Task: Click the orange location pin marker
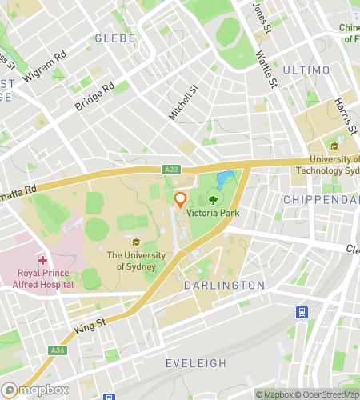click(180, 198)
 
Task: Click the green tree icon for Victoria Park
click(214, 200)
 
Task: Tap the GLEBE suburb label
click(110, 38)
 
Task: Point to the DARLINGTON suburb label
click(224, 285)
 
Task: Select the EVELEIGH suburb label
click(195, 363)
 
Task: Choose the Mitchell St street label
click(182, 103)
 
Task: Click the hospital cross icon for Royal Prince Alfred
click(42, 260)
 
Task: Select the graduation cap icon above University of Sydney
click(136, 242)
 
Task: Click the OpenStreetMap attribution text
click(326, 394)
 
